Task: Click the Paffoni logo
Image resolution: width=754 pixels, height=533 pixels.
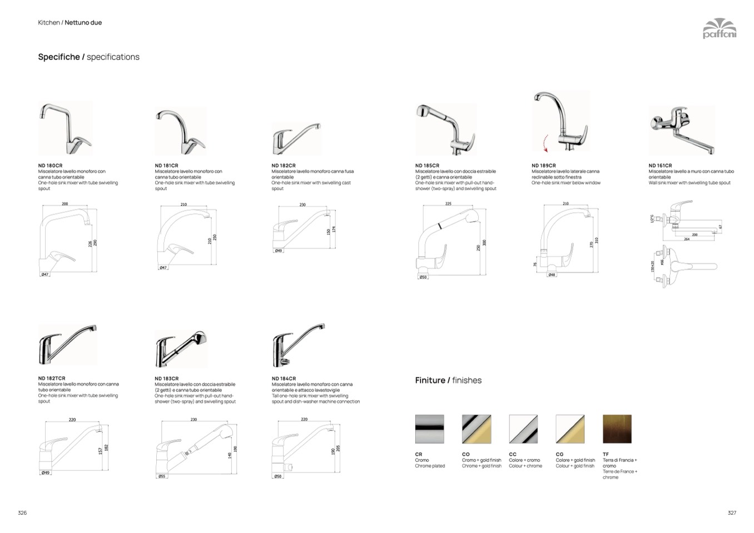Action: click(719, 28)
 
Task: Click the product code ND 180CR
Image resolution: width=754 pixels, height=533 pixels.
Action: click(50, 166)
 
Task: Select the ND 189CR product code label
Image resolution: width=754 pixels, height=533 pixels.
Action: click(543, 166)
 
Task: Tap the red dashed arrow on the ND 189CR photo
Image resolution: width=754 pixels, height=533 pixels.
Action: click(545, 144)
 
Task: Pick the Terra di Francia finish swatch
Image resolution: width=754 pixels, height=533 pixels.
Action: click(617, 429)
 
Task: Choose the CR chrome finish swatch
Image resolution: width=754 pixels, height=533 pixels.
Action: click(429, 429)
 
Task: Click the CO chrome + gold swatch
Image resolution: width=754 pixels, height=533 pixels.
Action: click(476, 429)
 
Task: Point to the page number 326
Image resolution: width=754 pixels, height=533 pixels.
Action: click(22, 512)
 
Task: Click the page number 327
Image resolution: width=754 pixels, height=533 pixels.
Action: click(732, 512)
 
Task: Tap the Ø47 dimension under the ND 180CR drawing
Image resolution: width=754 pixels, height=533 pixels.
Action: click(45, 275)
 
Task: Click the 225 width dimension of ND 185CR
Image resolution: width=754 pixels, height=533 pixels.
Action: click(448, 204)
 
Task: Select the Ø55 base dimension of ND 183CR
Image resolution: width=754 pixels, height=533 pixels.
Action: click(162, 476)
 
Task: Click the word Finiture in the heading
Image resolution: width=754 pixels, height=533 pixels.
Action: click(430, 380)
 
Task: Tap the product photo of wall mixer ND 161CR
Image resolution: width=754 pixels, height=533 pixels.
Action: click(681, 131)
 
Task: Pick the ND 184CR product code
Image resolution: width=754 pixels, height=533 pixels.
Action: click(284, 378)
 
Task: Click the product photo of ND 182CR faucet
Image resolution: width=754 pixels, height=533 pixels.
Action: click(296, 138)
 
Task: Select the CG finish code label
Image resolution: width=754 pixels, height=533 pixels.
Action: click(559, 454)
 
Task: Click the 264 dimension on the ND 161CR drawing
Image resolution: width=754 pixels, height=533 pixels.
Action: click(687, 239)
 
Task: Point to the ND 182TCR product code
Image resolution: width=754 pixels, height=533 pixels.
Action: click(52, 378)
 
